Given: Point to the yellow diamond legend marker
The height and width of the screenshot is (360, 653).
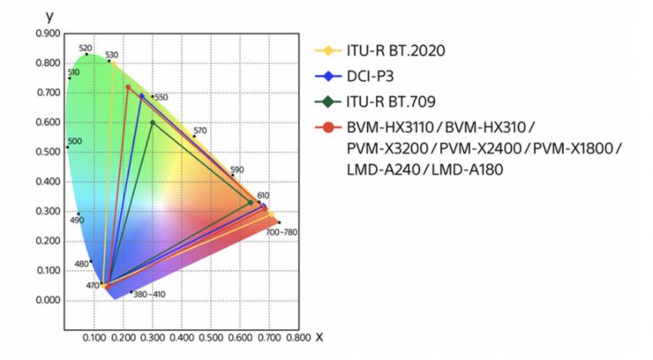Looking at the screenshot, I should click(328, 50).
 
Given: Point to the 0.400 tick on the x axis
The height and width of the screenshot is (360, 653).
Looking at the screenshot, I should click(182, 337).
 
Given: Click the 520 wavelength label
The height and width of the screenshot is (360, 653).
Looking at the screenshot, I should click(85, 49).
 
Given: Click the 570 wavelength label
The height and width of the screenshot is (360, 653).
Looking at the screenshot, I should click(200, 131).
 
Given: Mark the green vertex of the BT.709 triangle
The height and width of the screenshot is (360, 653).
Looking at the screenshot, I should click(153, 122).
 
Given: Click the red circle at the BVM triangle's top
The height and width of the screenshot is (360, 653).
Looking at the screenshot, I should click(128, 87).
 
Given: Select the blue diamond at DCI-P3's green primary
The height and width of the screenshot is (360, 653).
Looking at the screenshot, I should click(141, 96).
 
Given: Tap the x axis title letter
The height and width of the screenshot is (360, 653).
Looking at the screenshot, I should click(319, 336).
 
